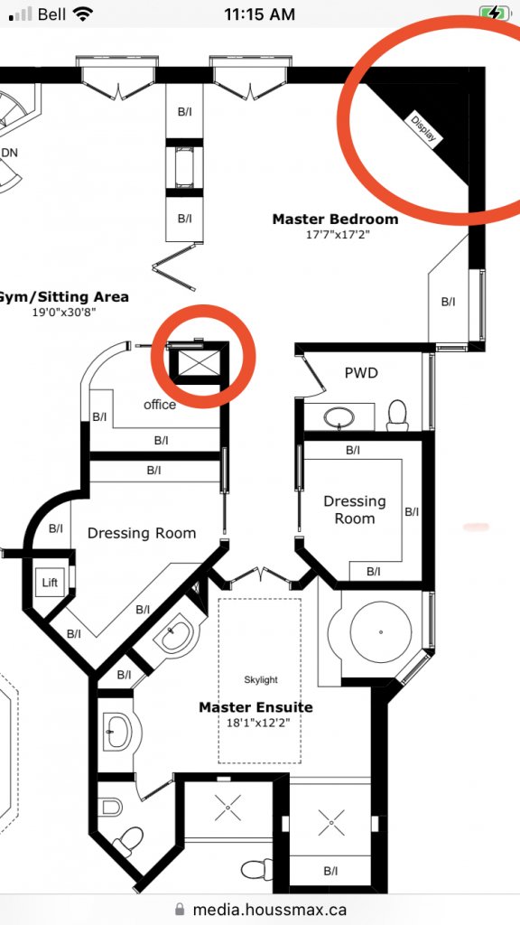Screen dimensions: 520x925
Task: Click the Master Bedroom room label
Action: (x=335, y=220)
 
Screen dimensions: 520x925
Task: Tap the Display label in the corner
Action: (x=424, y=129)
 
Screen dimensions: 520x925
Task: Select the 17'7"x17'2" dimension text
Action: (x=335, y=234)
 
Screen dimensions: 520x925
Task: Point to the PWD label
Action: (x=361, y=373)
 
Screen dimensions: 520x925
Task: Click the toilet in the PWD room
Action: (x=397, y=416)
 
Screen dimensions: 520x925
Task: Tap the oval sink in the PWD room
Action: (x=339, y=417)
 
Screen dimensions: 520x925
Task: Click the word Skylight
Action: (x=261, y=680)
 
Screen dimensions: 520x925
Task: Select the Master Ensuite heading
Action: (x=255, y=706)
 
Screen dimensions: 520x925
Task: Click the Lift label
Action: (x=51, y=583)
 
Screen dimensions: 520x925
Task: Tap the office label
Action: (x=160, y=405)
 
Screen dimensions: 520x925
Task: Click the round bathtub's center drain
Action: (x=381, y=632)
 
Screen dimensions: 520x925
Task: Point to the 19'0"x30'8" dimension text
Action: (x=64, y=312)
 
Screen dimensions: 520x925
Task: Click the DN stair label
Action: (x=9, y=153)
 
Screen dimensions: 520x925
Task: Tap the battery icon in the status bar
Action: (x=494, y=14)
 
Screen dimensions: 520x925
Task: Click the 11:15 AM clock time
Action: (x=259, y=14)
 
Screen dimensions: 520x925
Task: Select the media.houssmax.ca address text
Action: (x=269, y=910)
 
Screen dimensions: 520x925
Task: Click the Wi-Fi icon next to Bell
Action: (x=83, y=14)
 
